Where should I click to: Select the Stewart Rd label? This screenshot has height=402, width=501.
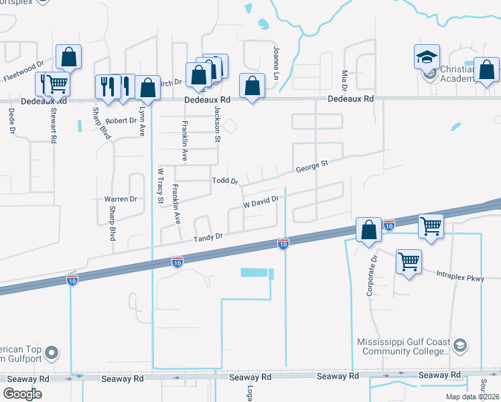pyautogui.click(x=53, y=126)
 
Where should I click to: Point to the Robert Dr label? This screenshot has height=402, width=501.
pyautogui.click(x=121, y=122)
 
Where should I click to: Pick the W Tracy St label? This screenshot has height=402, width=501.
pyautogui.click(x=160, y=185)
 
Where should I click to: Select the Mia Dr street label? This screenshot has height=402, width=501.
pyautogui.click(x=345, y=80)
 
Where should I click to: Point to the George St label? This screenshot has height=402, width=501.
pyautogui.click(x=311, y=164)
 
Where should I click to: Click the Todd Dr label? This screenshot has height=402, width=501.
pyautogui.click(x=225, y=181)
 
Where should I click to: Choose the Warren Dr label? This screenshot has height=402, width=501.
pyautogui.click(x=121, y=199)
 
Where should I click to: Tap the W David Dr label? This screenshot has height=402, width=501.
pyautogui.click(x=260, y=201)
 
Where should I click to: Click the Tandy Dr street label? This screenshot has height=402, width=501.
pyautogui.click(x=208, y=237)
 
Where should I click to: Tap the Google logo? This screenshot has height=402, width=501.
pyautogui.click(x=22, y=394)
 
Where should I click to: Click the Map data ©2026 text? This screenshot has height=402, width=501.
pyautogui.click(x=472, y=397)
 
